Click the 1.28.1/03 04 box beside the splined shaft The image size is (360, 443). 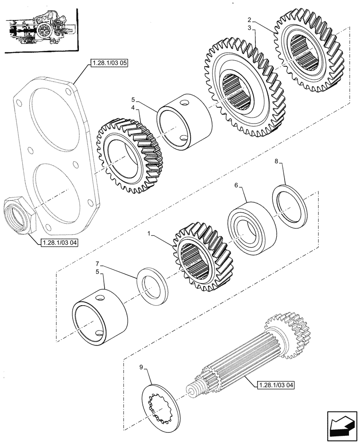pos(275,385)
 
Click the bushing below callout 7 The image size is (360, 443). pos(100,318)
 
